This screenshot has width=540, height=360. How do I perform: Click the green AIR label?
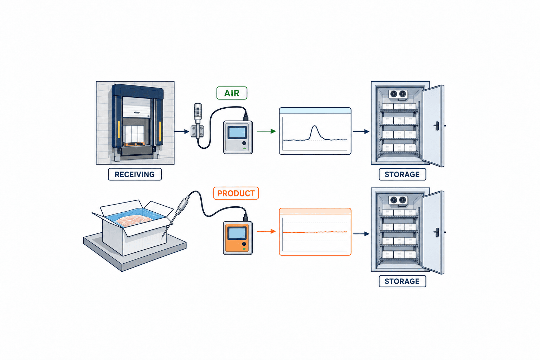pos(232,93)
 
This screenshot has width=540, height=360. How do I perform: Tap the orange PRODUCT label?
pos(236,193)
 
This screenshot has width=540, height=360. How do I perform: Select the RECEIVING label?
pos(135,174)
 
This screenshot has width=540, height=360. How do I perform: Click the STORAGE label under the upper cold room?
pos(402,174)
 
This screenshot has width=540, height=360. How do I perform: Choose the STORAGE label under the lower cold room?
pos(402,281)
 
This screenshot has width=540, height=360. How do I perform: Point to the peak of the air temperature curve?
pos(314,126)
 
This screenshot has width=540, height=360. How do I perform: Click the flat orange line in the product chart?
pos(315,232)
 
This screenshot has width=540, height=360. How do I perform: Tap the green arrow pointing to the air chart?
pos(266,131)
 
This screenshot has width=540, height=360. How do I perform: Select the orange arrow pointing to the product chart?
pos(266,231)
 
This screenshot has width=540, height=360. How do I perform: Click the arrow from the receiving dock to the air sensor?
pos(182,131)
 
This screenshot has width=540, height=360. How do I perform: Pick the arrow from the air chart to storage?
pos(361,131)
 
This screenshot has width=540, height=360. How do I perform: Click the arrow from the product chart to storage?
pos(361,234)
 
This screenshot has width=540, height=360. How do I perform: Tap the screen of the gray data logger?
pos(237,132)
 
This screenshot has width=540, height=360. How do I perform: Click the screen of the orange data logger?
pos(237,233)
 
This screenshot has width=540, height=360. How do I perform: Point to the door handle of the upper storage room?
pos(437,126)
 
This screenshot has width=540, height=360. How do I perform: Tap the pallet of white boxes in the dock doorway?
pos(133,135)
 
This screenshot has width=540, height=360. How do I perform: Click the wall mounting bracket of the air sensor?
pos(197,131)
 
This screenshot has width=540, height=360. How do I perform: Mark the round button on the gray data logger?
pos(244,143)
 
